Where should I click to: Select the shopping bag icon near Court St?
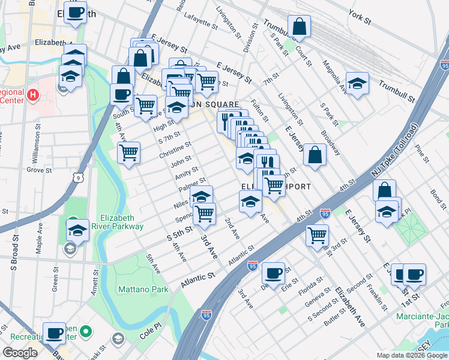pyautogui.click(x=298, y=27)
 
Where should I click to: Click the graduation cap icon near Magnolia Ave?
pyautogui.click(x=358, y=83)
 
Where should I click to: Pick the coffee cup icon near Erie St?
pyautogui.click(x=274, y=273)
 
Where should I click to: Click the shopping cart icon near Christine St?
pyautogui.click(x=128, y=154)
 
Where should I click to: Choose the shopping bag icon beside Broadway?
pyautogui.click(x=315, y=155)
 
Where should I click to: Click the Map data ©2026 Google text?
pyautogui.click(x=410, y=355)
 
